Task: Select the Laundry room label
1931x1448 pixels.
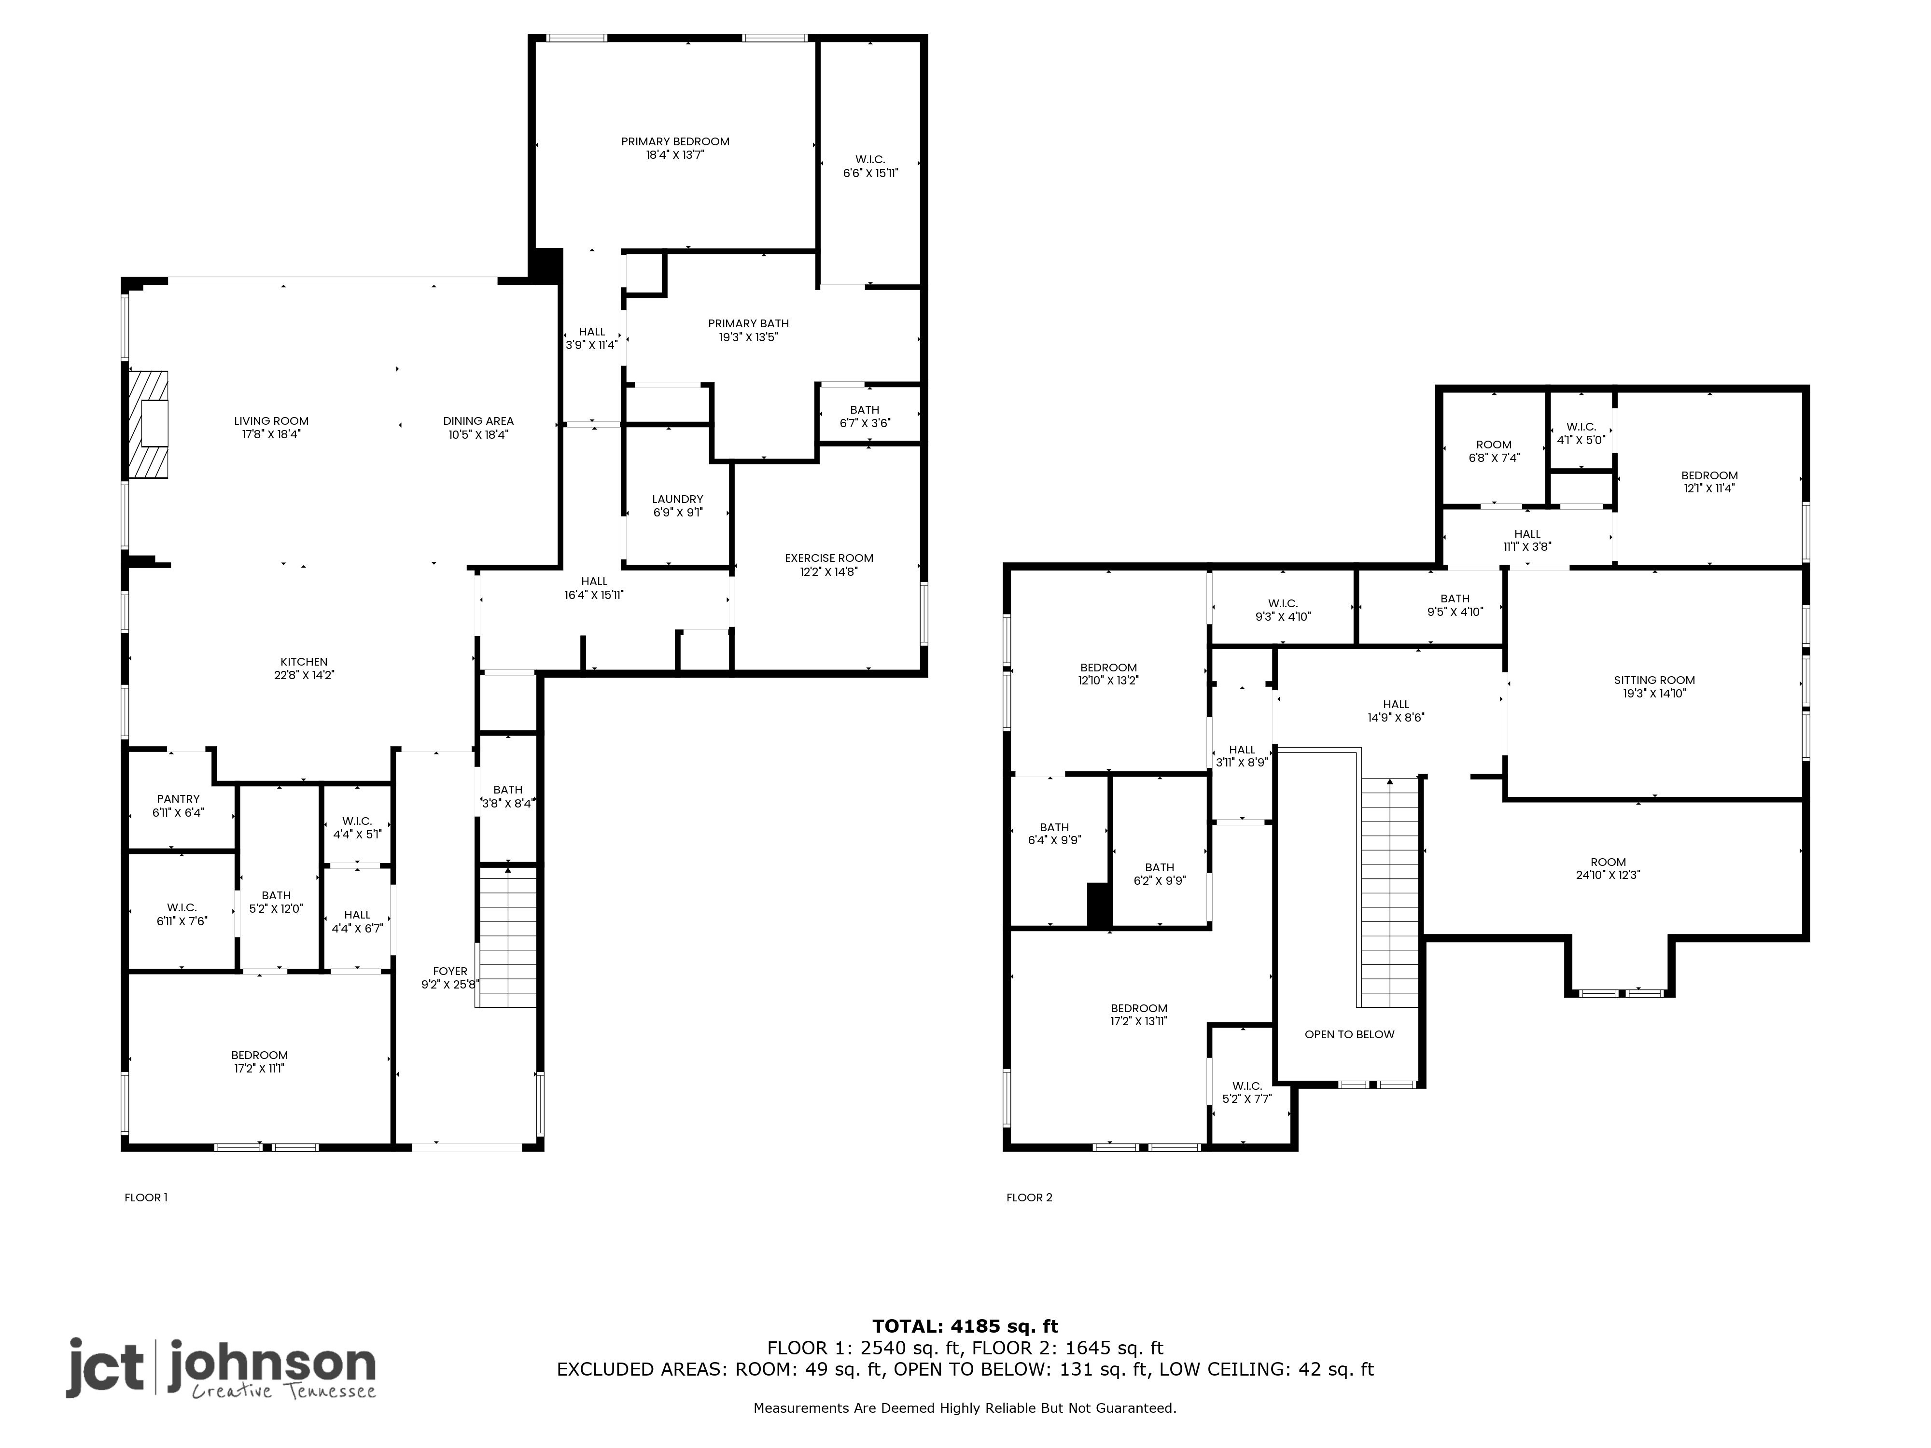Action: (x=677, y=499)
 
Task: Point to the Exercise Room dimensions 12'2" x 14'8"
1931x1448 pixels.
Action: (x=829, y=571)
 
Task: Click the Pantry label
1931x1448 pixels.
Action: (x=178, y=799)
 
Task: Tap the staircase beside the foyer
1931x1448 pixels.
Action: (x=507, y=936)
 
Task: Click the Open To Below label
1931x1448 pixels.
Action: (x=1350, y=1034)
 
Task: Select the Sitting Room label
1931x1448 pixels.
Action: (x=1654, y=680)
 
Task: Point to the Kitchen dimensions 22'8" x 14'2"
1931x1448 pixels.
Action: (x=304, y=675)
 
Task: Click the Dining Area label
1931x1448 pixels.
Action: (x=478, y=421)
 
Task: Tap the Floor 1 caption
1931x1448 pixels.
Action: (x=146, y=1197)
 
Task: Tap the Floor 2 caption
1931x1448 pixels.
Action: (x=1029, y=1197)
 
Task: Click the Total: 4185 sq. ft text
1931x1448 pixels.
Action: (x=965, y=1327)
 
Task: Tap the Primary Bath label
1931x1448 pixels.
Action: (x=748, y=323)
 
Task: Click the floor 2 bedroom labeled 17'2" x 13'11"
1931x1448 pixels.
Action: (x=1139, y=1014)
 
